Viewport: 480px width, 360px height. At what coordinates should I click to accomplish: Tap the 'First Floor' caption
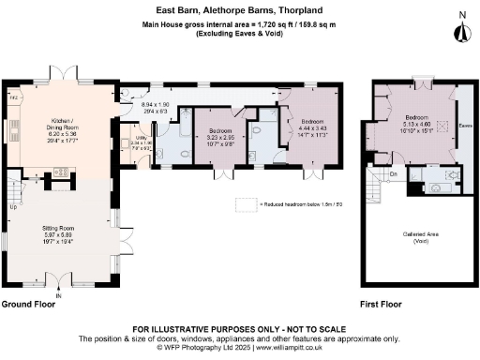[x=381, y=305]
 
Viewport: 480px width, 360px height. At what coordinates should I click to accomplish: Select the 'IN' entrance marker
[x=57, y=297]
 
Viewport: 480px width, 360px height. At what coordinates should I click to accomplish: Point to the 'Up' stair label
[x=12, y=207]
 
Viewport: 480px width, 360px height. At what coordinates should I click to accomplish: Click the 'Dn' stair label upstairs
[x=394, y=173]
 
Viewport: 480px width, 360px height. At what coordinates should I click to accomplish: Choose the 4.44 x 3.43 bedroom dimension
[x=312, y=128]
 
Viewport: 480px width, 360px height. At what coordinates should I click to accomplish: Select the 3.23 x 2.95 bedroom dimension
[x=222, y=138]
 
